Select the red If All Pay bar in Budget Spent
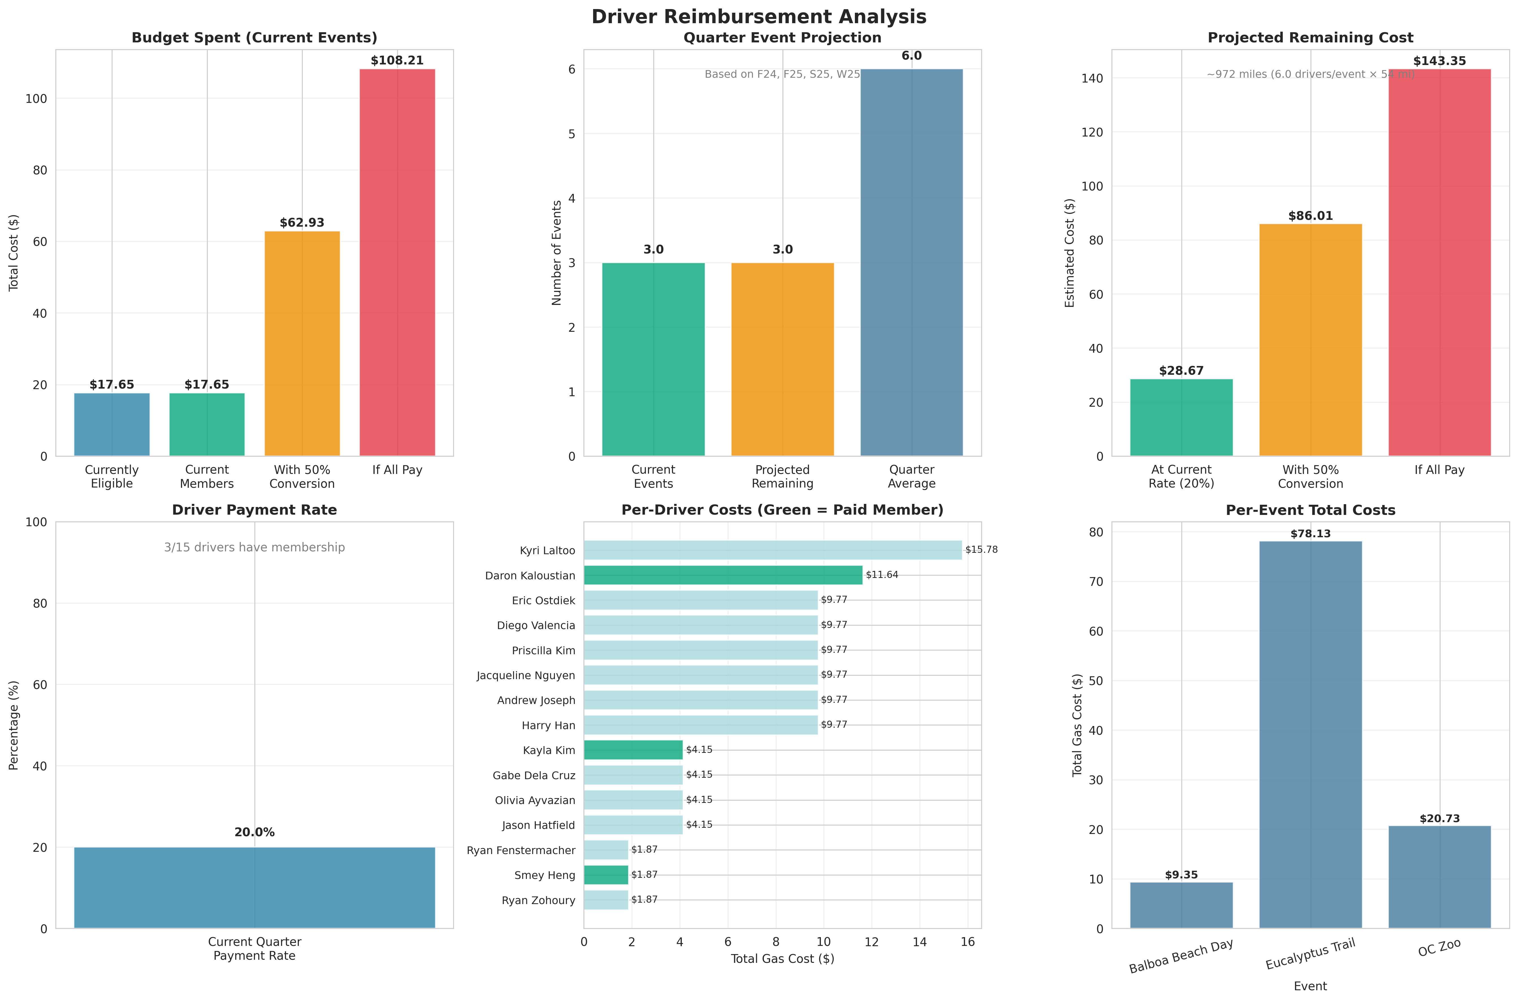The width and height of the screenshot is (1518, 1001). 397,262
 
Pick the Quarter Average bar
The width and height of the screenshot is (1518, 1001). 911,262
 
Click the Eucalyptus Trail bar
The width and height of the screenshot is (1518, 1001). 1311,734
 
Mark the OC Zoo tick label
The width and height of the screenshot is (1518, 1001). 1439,949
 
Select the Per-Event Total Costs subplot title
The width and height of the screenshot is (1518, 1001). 1311,510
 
